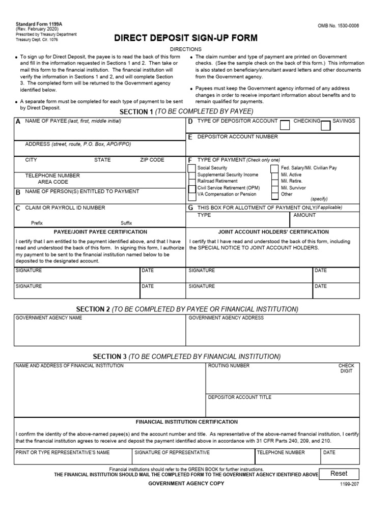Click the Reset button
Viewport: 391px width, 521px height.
[339, 473]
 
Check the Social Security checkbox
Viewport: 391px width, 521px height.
[191, 168]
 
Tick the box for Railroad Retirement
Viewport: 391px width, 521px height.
[191, 181]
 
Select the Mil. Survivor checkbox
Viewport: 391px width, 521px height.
[274, 188]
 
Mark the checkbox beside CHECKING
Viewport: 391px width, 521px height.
[286, 125]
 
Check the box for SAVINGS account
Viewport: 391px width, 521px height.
[326, 125]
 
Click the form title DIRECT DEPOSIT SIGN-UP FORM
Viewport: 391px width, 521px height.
[186, 38]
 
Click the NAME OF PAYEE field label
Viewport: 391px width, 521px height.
[73, 121]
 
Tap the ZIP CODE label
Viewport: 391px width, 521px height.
[152, 160]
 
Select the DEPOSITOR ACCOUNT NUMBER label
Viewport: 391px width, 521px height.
[237, 137]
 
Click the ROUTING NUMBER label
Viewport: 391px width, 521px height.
[229, 366]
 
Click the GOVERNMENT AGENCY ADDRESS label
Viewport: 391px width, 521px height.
[226, 317]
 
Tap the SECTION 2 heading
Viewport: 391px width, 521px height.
[187, 309]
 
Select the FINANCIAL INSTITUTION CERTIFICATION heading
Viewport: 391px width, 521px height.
[186, 422]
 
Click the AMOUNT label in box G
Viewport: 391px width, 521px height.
[304, 215]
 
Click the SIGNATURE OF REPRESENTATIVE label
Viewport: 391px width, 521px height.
[172, 452]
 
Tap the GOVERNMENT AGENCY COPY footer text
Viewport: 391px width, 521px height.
[186, 483]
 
